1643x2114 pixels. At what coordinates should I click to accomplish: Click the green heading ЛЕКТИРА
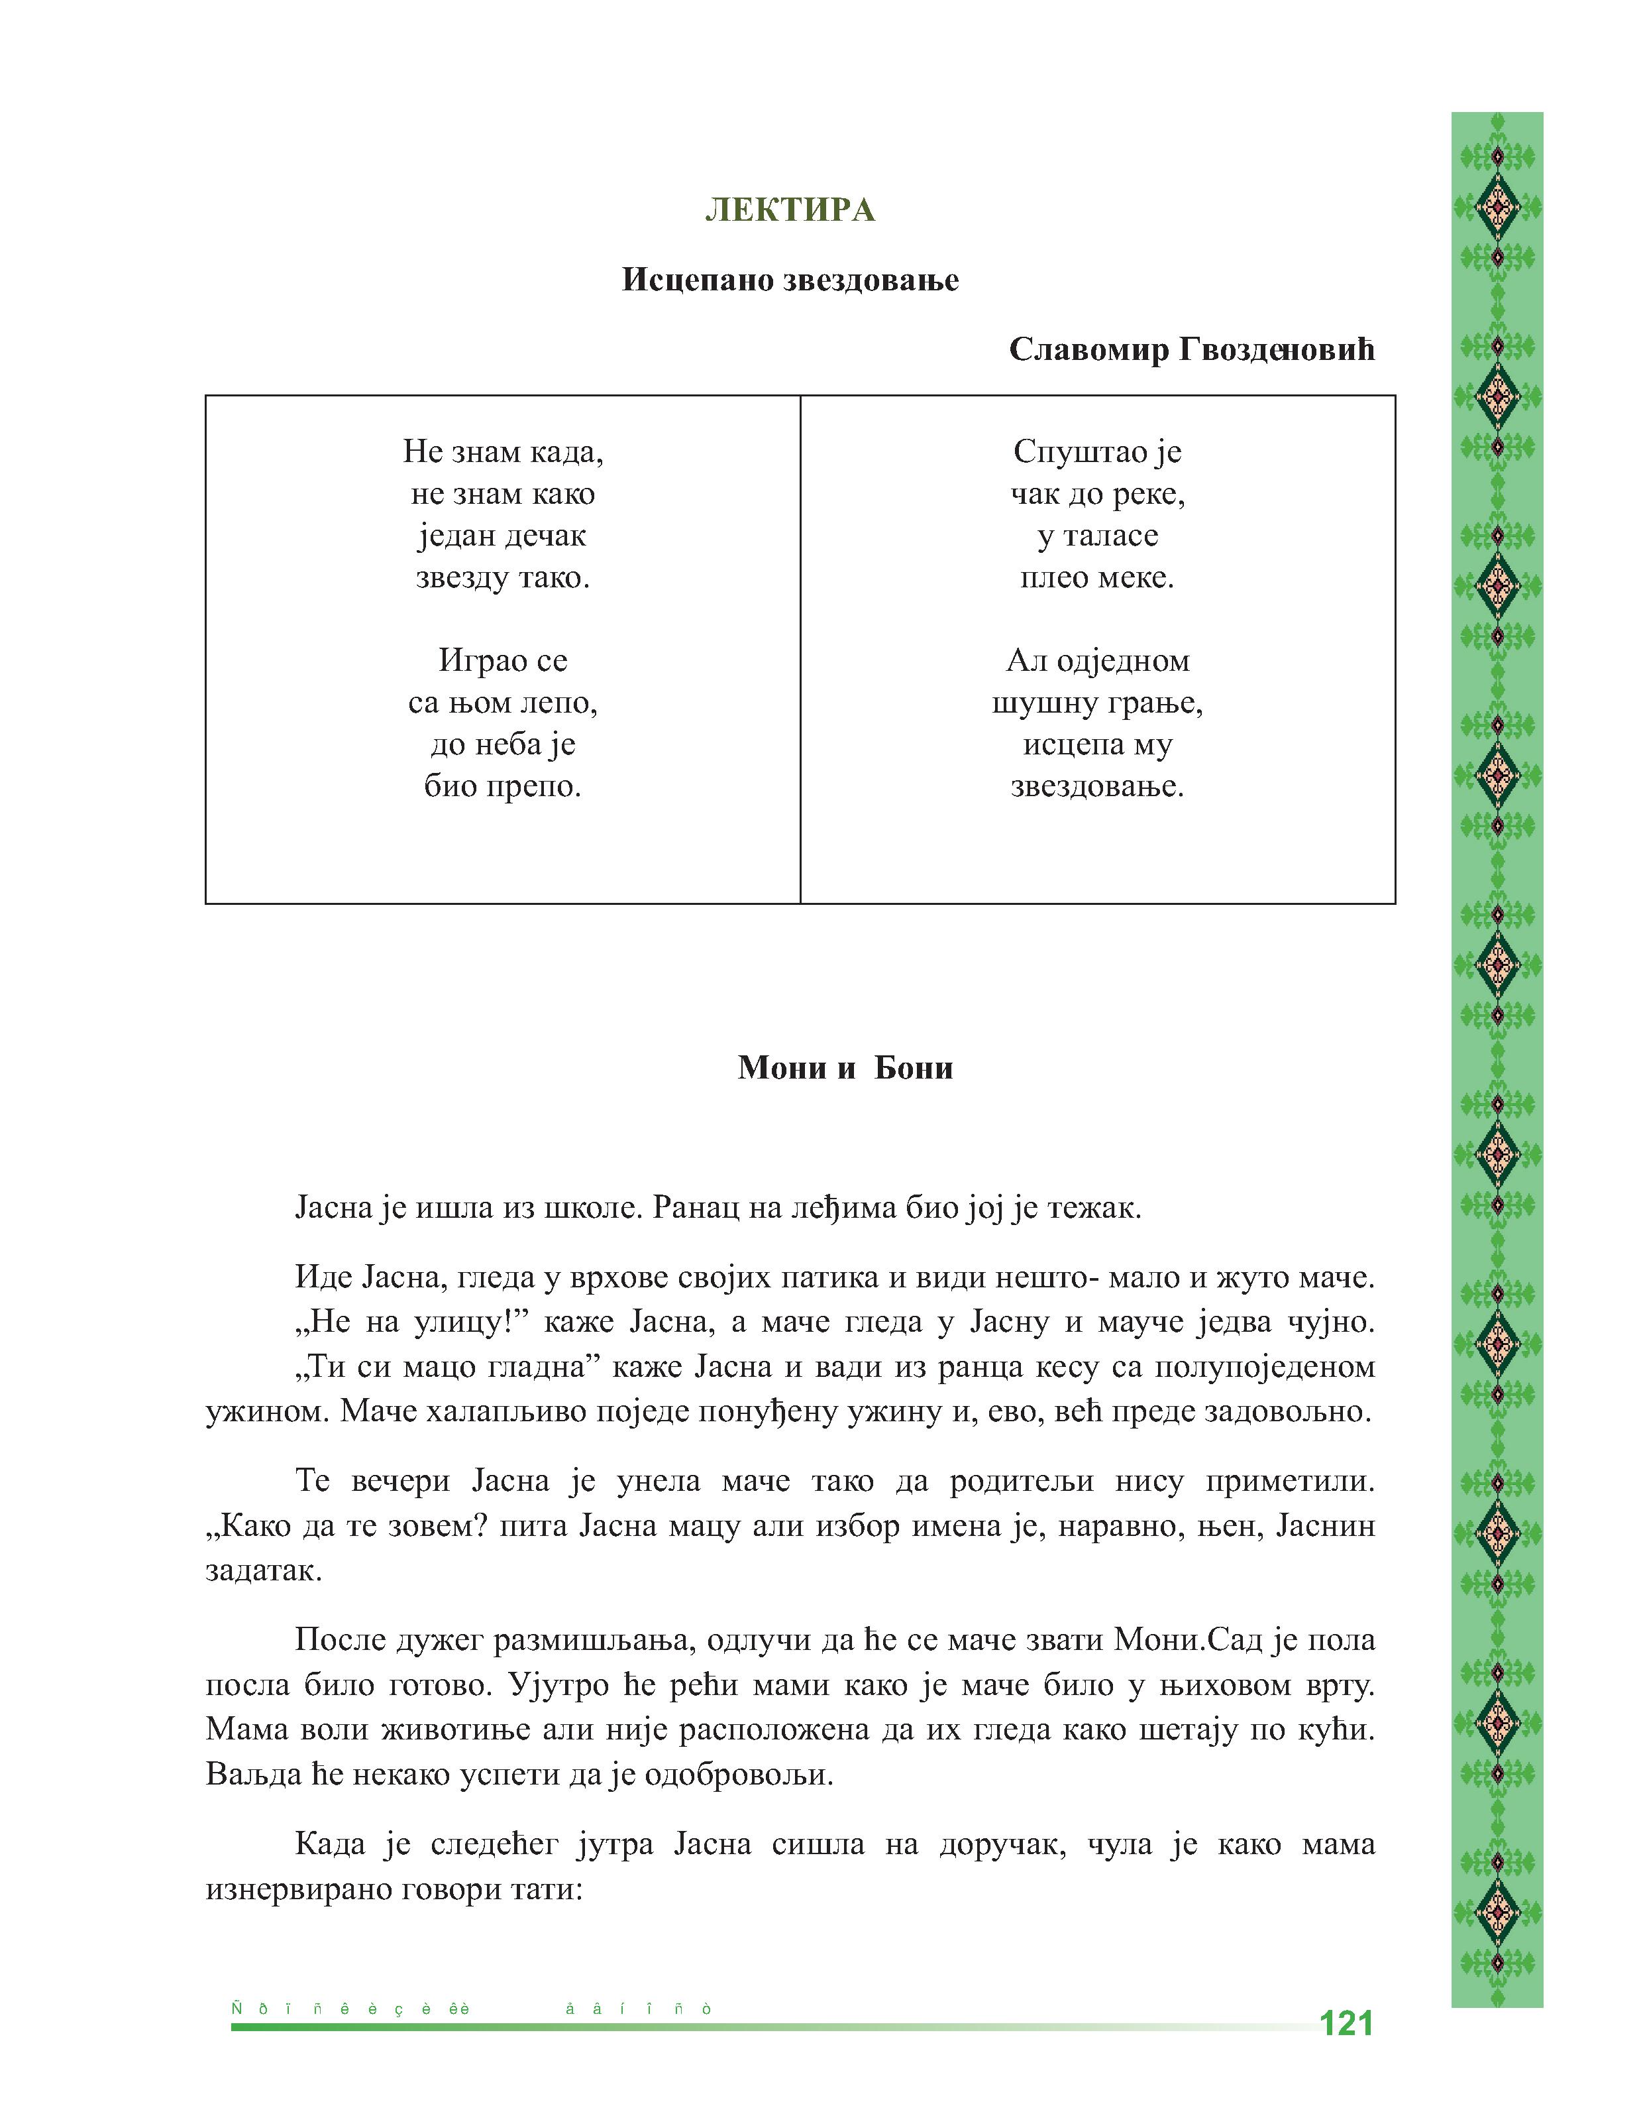point(790,210)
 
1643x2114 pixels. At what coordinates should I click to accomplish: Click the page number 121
point(1346,2024)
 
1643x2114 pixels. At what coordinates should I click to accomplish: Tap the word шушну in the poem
point(1040,703)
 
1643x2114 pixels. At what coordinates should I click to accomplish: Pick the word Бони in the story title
point(914,1068)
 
